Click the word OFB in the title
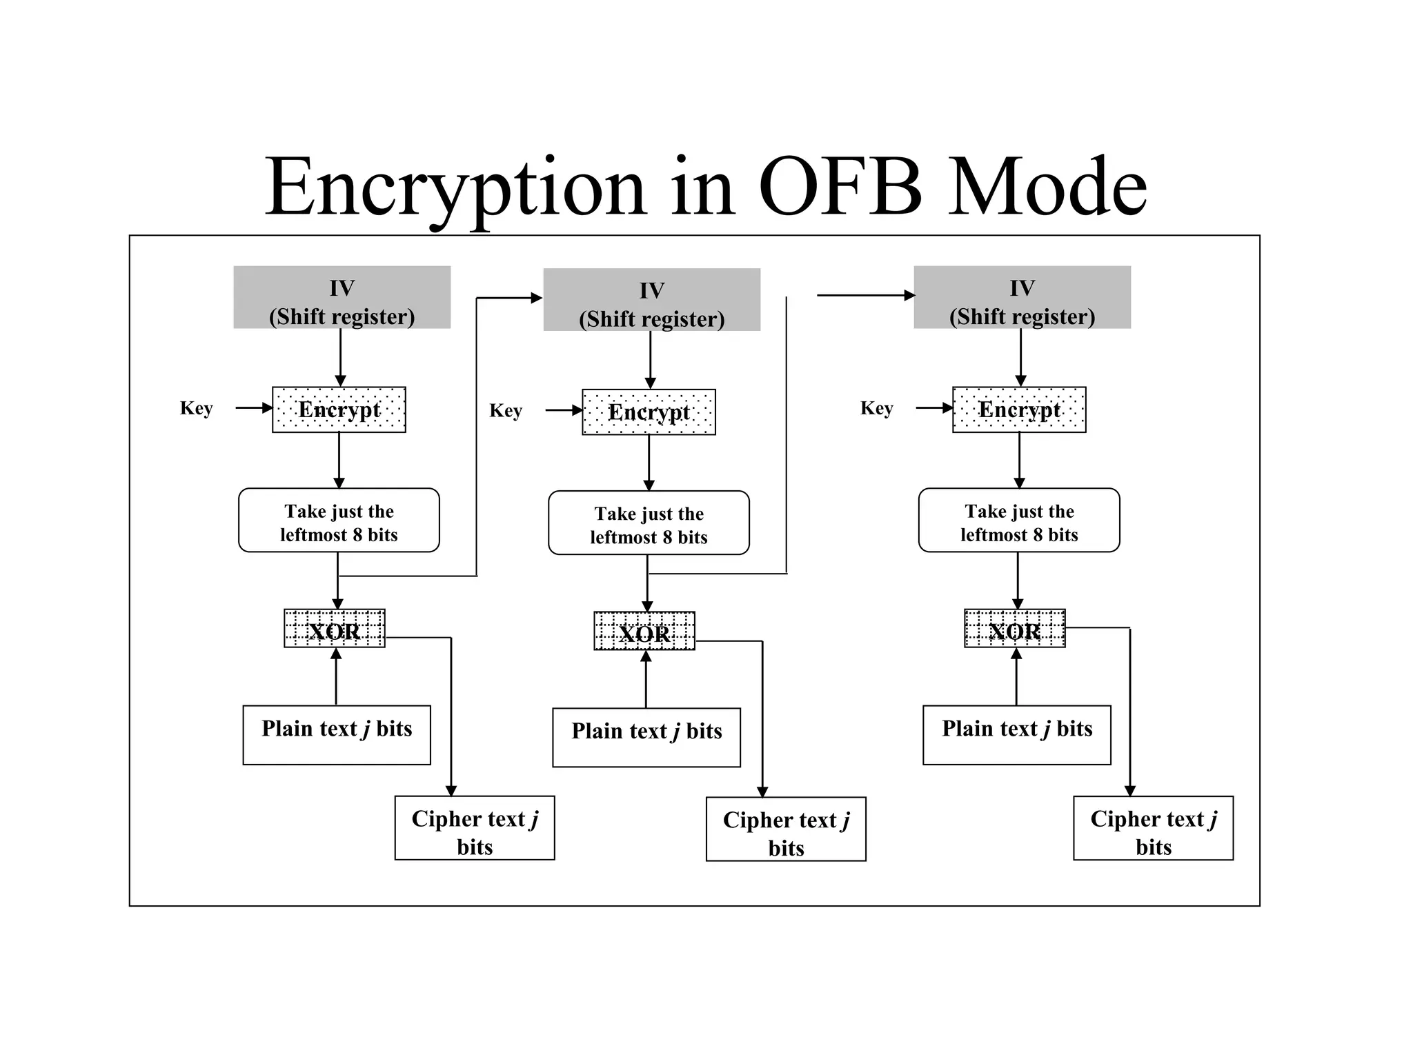pyautogui.click(x=840, y=188)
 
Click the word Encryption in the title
pyautogui.click(x=455, y=188)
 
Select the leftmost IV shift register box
pyautogui.click(x=342, y=297)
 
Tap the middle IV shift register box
pyautogui.click(x=651, y=300)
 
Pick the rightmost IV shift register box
pyautogui.click(x=1022, y=297)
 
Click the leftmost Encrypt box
pyautogui.click(x=339, y=410)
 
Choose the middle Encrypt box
pyautogui.click(x=649, y=412)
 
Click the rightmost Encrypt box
pyautogui.click(x=1019, y=410)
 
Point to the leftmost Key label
pyautogui.click(x=196, y=408)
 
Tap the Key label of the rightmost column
pyautogui.click(x=876, y=408)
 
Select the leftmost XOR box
pyautogui.click(x=335, y=628)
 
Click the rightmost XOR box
pyautogui.click(x=1014, y=628)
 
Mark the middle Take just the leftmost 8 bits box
pyautogui.click(x=649, y=523)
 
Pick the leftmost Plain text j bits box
pyautogui.click(x=337, y=735)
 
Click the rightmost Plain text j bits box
pyautogui.click(x=1017, y=735)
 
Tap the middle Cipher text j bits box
pyautogui.click(x=786, y=829)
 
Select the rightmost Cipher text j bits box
pyautogui.click(x=1153, y=828)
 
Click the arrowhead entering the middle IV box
pyautogui.click(x=537, y=298)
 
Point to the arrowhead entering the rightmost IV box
pyautogui.click(x=909, y=296)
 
